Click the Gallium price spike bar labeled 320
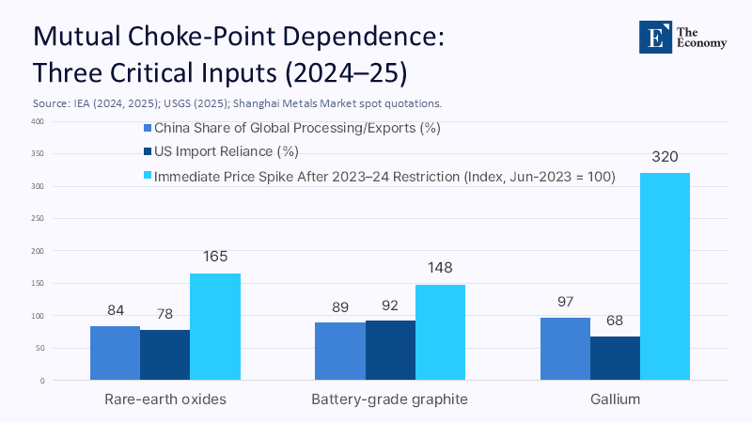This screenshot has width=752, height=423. (665, 276)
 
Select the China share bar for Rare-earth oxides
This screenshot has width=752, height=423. (115, 352)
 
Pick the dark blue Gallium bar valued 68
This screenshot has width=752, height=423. (616, 358)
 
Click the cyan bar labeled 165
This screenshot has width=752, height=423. (215, 326)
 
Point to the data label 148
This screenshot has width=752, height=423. (440, 267)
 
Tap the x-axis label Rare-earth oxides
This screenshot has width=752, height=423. (164, 399)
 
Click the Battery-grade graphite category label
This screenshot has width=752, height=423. (389, 399)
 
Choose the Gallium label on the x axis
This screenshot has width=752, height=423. (616, 399)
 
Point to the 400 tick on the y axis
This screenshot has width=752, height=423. (37, 121)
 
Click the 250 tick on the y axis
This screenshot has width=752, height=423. (37, 219)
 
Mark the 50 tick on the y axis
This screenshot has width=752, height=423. (39, 349)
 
